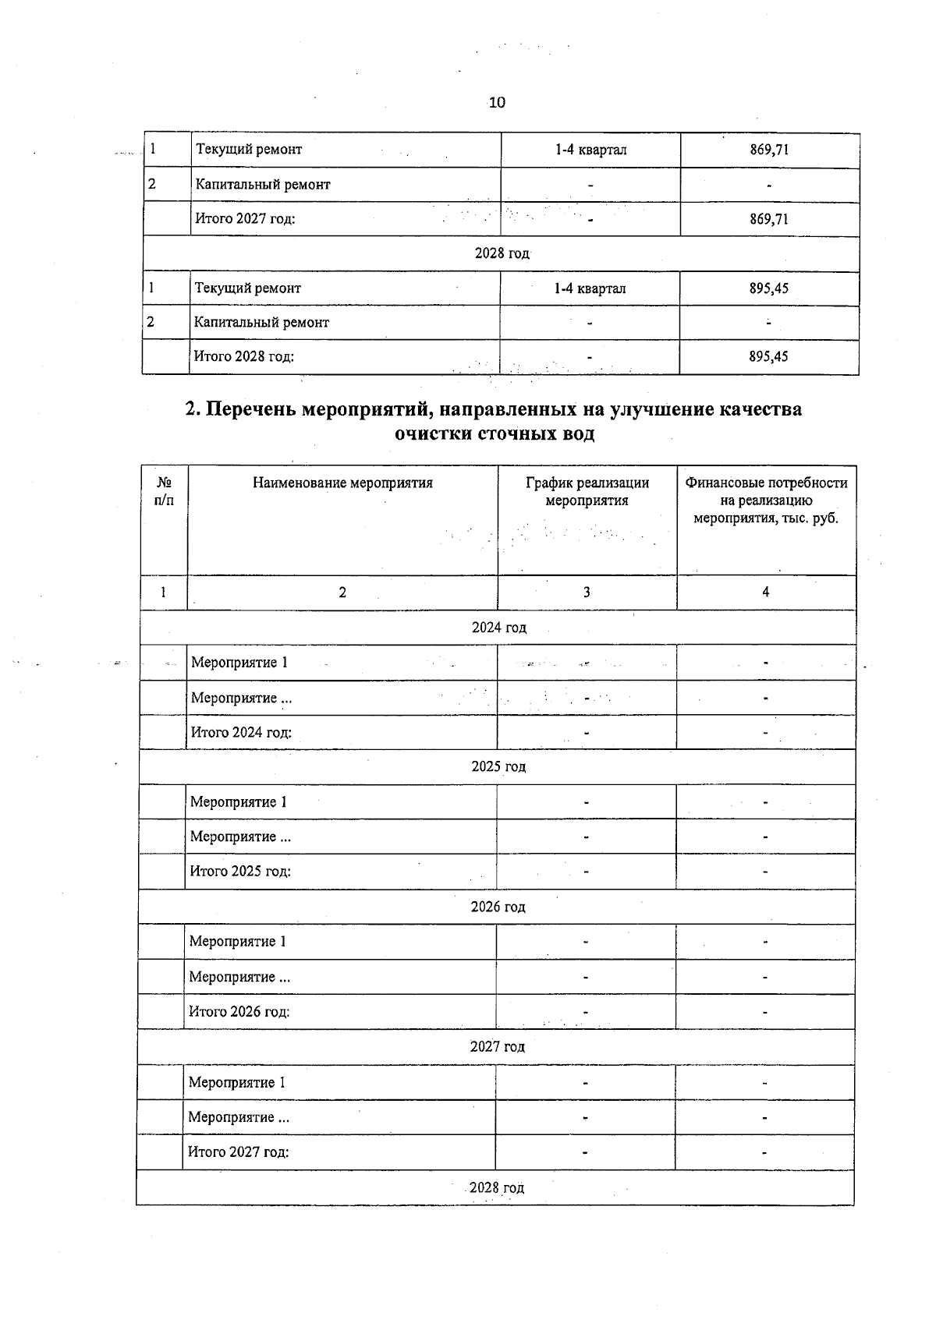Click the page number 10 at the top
(x=497, y=102)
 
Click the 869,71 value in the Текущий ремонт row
(x=769, y=150)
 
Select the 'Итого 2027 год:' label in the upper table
(x=245, y=219)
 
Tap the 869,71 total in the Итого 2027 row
(x=769, y=219)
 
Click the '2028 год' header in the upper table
(x=502, y=253)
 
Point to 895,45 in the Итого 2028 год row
(x=768, y=357)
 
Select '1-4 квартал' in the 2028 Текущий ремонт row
(x=590, y=288)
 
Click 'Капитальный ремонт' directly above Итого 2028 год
(x=261, y=323)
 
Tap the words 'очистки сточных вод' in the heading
(x=495, y=434)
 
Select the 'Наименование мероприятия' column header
(x=342, y=483)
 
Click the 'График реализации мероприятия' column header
(x=587, y=491)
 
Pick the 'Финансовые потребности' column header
(x=766, y=483)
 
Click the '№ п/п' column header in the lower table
(x=164, y=490)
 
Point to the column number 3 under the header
(x=587, y=593)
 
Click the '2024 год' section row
(x=498, y=628)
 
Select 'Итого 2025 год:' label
(x=240, y=872)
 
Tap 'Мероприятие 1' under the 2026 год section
(x=238, y=942)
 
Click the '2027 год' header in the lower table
(x=497, y=1047)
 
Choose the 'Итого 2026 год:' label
(x=239, y=1012)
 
